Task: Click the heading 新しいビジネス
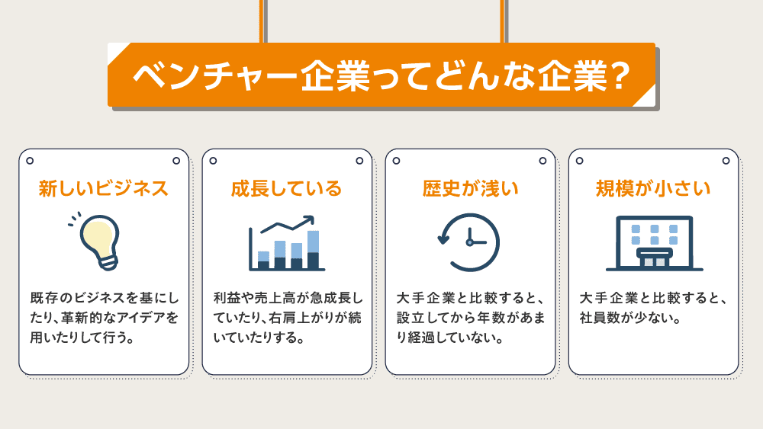104,188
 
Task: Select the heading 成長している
287,188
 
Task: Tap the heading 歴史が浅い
470,188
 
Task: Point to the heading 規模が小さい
653,188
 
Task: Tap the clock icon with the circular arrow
469,242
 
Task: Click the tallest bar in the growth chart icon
314,250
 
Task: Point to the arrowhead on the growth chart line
309,220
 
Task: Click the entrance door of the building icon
655,262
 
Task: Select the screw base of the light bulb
108,263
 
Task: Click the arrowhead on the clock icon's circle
443,239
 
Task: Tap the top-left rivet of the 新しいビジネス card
30,161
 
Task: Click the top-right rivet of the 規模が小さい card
726,161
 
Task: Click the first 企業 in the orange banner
336,75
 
